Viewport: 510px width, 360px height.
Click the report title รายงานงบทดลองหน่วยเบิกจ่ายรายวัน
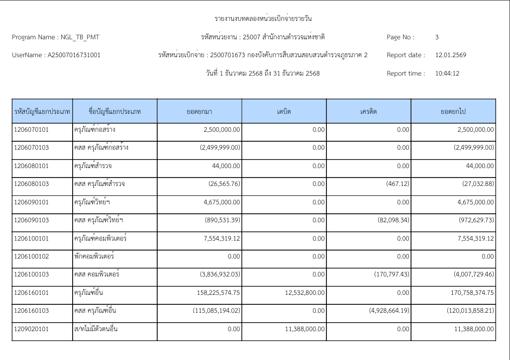pos(263,19)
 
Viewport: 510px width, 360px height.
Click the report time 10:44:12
pos(447,73)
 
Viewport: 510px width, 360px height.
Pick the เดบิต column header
pos(284,111)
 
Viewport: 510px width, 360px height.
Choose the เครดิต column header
pos(369,111)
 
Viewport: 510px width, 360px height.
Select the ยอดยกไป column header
pos(453,111)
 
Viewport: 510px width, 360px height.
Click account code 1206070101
pos(30,130)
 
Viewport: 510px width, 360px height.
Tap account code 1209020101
pos(30,329)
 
